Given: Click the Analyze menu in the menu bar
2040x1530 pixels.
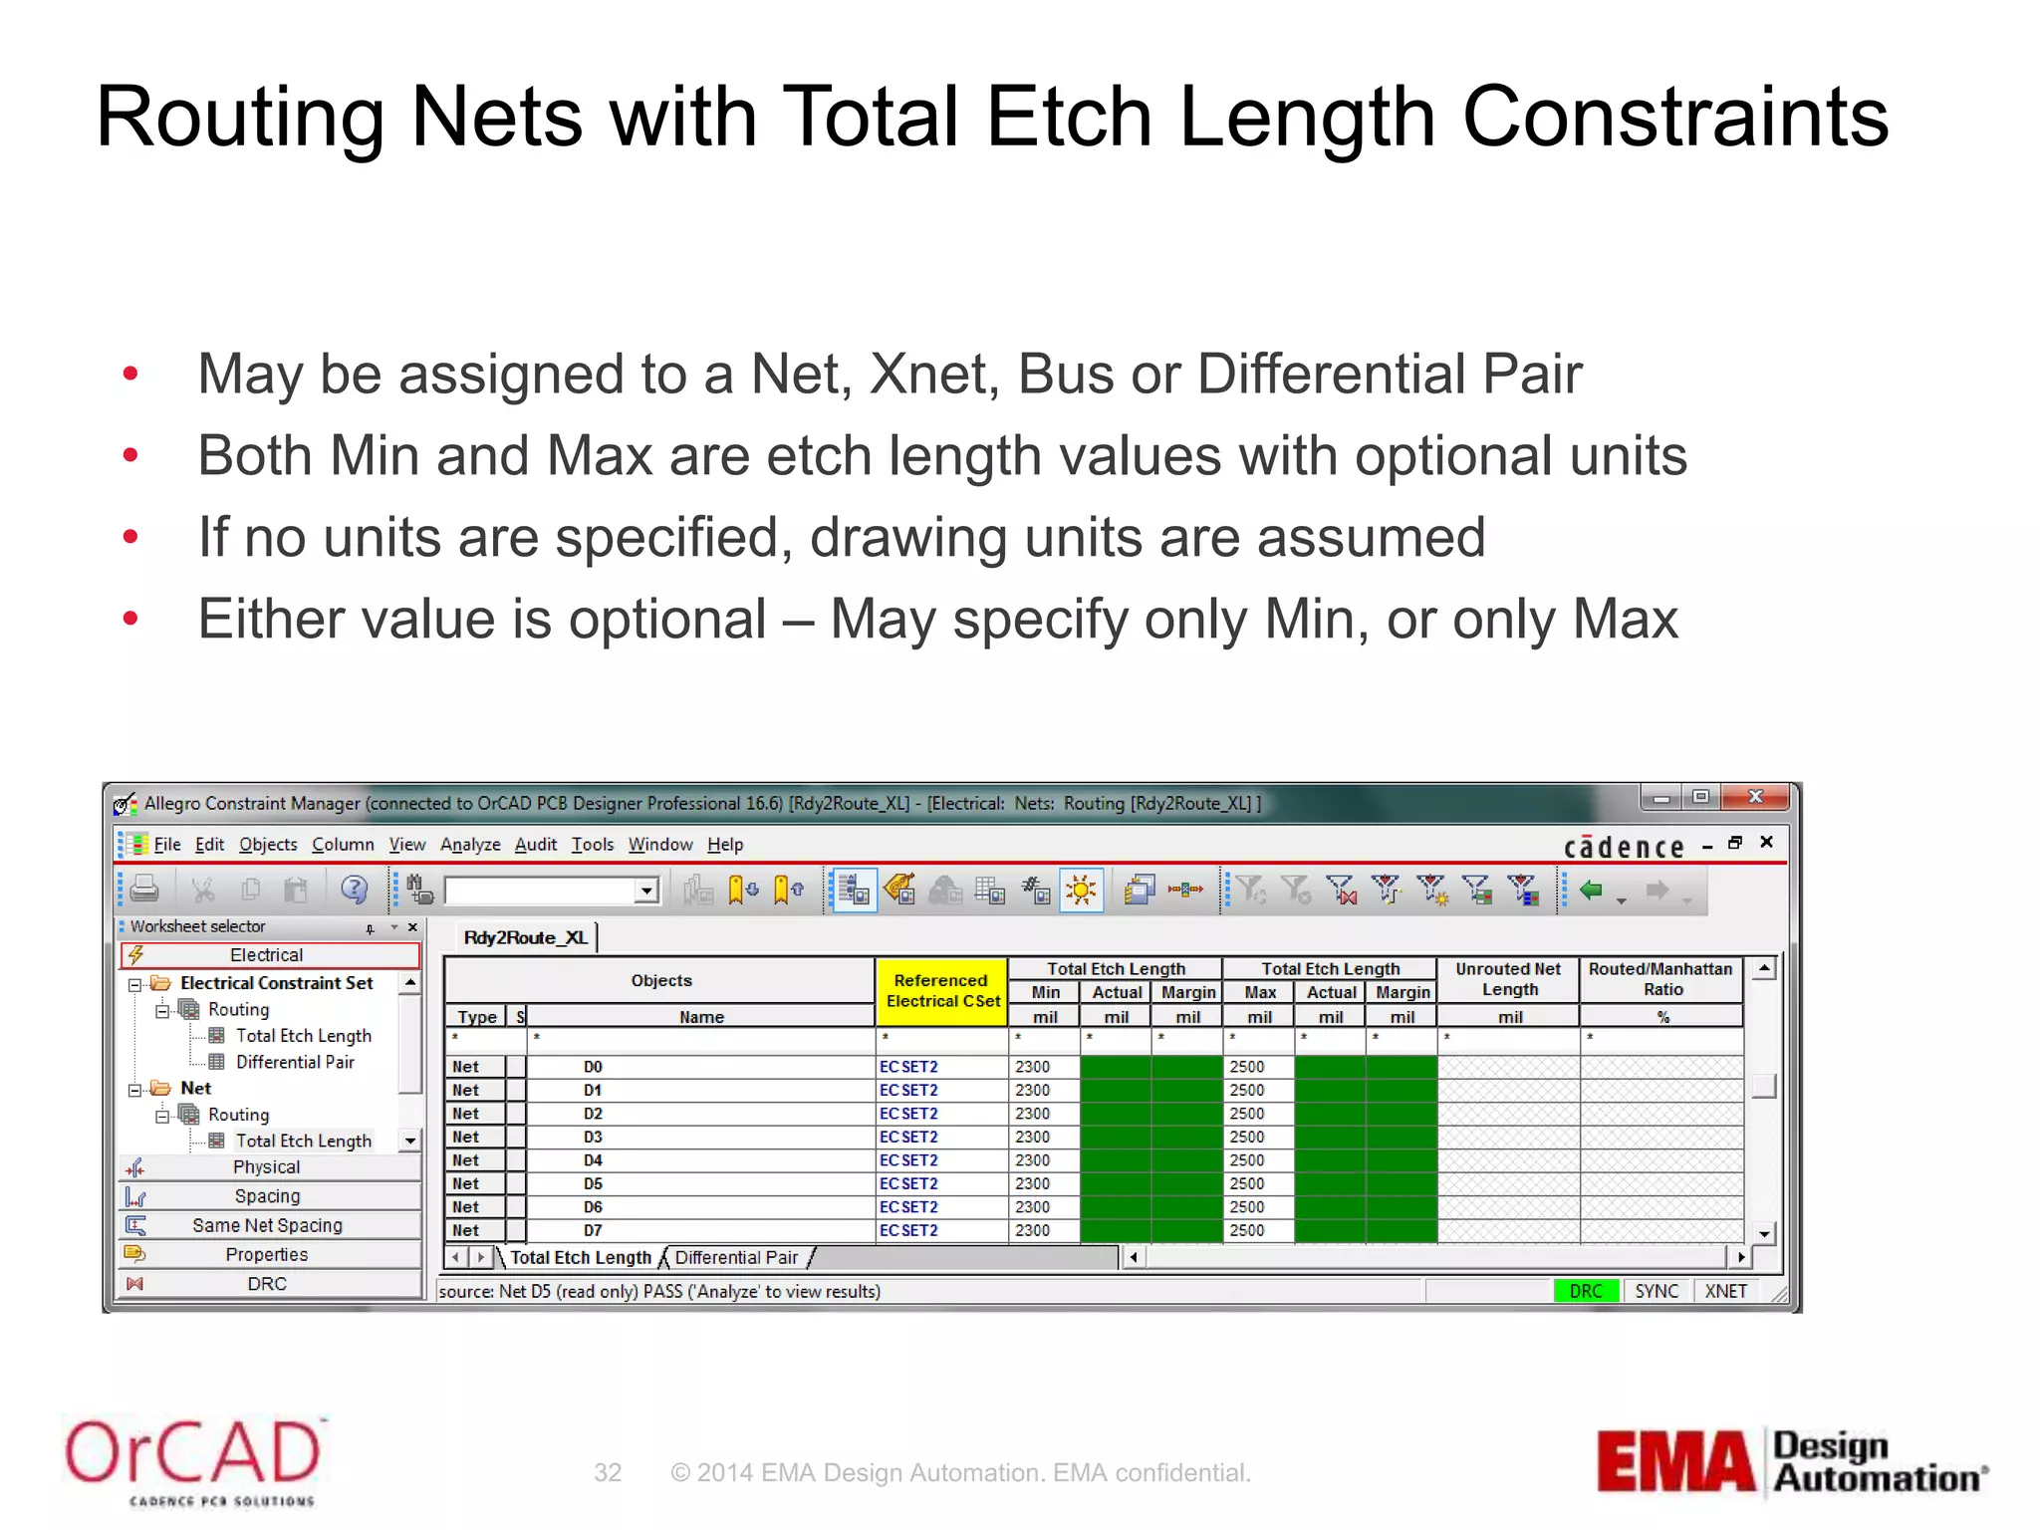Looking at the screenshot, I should pyautogui.click(x=470, y=845).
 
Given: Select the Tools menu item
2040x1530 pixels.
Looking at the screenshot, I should pyautogui.click(x=593, y=845).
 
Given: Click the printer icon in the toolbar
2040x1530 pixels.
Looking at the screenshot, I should pyautogui.click(x=145, y=889).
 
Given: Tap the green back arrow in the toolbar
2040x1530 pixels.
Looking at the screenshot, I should pyautogui.click(x=1591, y=890).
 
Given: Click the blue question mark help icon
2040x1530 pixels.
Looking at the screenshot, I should pyautogui.click(x=354, y=889).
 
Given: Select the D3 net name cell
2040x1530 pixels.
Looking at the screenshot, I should pyautogui.click(x=594, y=1137).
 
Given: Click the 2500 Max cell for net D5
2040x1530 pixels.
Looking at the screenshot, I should pyautogui.click(x=1247, y=1183).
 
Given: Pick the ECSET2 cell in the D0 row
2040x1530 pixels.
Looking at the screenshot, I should pyautogui.click(x=908, y=1067).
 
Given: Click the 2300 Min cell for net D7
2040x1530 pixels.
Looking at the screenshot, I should pyautogui.click(x=1033, y=1230).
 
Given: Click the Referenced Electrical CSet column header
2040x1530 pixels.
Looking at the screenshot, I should pyautogui.click(x=941, y=991).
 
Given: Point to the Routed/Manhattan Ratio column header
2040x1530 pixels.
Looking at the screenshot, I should pyautogui.click(x=1660, y=979).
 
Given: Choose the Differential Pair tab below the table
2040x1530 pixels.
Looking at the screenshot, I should pyautogui.click(x=736, y=1257).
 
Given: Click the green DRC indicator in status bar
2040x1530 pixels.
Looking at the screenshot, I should pyautogui.click(x=1586, y=1291).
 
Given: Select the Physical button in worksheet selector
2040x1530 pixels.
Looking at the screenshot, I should pyautogui.click(x=267, y=1167).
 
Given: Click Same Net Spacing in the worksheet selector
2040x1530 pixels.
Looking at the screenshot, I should pyautogui.click(x=267, y=1225).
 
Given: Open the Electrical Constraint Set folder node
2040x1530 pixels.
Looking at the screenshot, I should pyautogui.click(x=276, y=983).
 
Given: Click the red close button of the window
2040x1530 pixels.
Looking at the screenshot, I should pyautogui.click(x=1756, y=797).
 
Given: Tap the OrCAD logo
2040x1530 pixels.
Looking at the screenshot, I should pyautogui.click(x=193, y=1458).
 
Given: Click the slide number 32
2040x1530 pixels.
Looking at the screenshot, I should pyautogui.click(x=608, y=1472).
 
